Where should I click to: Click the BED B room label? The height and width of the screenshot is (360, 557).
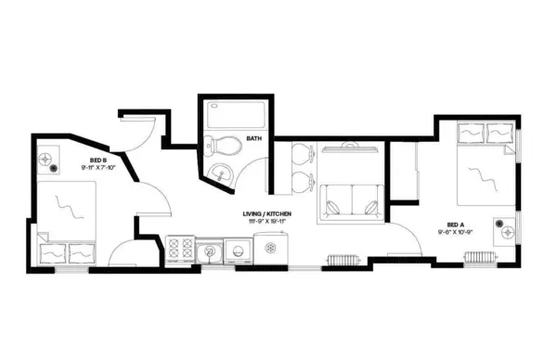click(97, 160)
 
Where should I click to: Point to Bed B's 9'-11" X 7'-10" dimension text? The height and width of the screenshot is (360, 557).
click(97, 168)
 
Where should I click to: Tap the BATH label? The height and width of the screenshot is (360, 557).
click(253, 140)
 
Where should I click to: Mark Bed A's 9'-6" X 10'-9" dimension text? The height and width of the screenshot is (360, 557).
click(456, 232)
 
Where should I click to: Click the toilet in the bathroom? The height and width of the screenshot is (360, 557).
click(218, 145)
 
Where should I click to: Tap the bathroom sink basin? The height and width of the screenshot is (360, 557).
click(221, 172)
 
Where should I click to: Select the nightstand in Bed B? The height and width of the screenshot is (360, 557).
click(47, 163)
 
